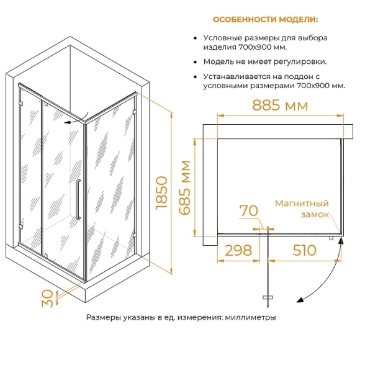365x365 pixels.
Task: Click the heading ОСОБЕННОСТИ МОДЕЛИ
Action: coord(266,20)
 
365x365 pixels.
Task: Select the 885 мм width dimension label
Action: coord(280,106)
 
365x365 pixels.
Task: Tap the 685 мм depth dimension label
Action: coord(185,187)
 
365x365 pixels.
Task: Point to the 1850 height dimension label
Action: coord(162,193)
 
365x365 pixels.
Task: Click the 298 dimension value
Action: coord(238,250)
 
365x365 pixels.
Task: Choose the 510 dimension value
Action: coord(304,250)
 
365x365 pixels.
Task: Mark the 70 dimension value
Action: coord(249,210)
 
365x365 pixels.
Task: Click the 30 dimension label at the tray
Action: coord(47,299)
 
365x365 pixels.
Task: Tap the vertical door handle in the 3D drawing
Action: coord(78,199)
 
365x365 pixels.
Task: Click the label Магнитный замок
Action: coord(302,209)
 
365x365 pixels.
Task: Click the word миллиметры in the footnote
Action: coord(250,318)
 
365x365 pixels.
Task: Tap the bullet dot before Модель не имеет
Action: coord(196,62)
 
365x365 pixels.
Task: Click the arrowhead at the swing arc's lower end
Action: coord(300,300)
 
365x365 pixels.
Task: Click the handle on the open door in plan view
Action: coord(268,297)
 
